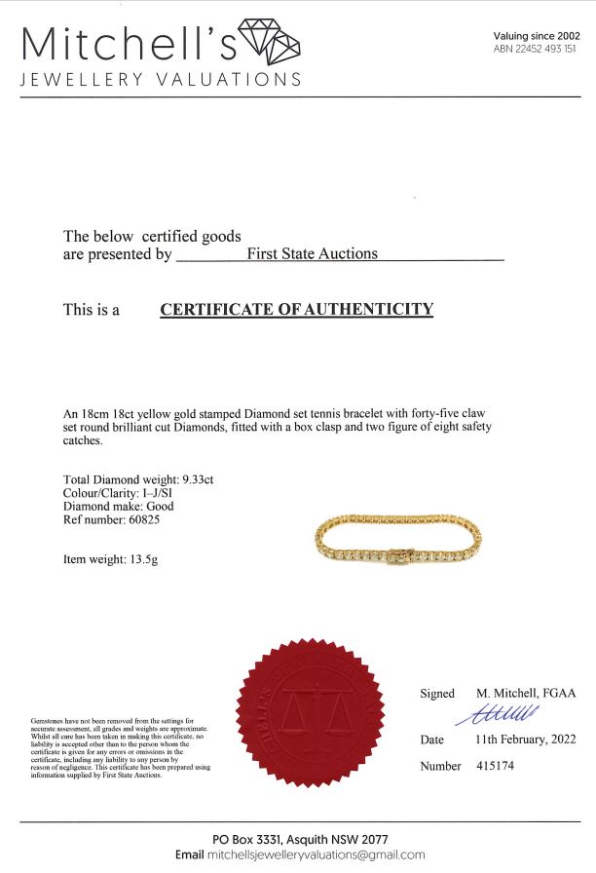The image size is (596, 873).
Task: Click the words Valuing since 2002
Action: [537, 35]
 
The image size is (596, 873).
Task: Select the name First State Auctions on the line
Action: [312, 253]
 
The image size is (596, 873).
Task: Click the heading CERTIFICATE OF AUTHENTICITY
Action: [296, 310]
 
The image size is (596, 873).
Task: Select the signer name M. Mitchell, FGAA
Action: [526, 693]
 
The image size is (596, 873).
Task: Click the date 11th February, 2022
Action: [525, 740]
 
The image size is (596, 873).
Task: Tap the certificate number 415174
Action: [495, 766]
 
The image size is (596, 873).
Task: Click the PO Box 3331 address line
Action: [300, 840]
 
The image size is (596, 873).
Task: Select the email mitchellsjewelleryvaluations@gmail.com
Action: [316, 854]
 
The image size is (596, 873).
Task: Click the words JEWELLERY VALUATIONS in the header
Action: [161, 79]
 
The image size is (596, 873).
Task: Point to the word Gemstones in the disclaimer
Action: [48, 720]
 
